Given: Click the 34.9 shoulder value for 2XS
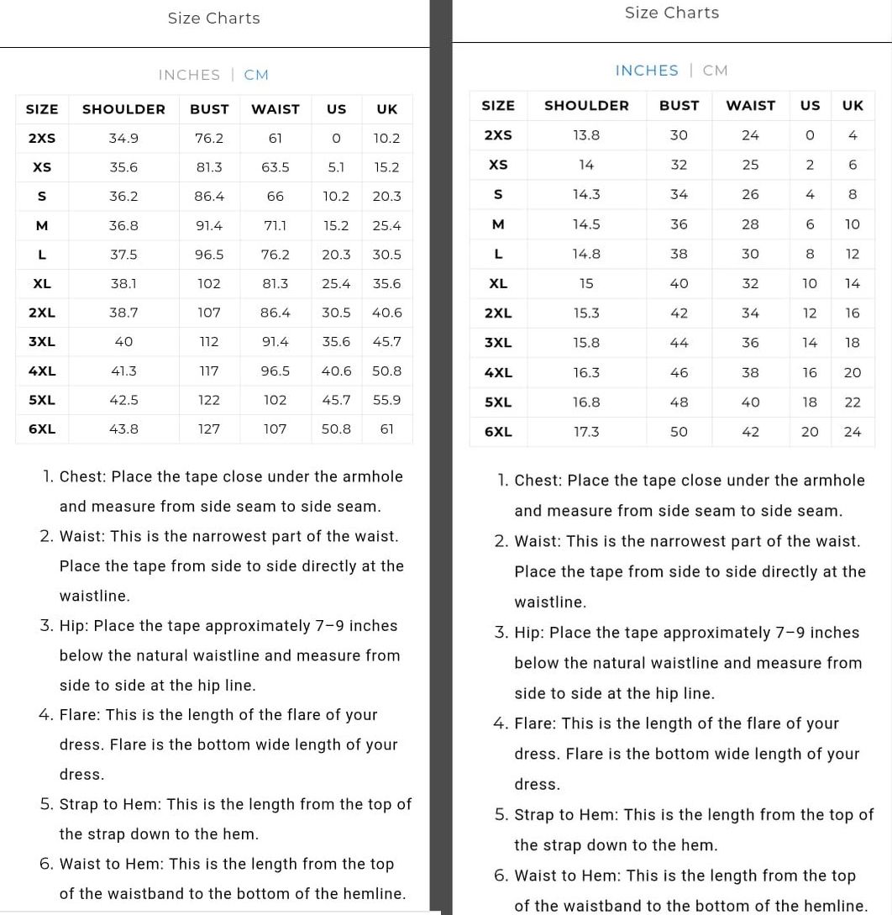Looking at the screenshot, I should coord(123,138).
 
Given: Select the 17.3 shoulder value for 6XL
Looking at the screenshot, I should coord(586,432).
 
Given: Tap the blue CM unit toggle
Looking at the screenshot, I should coord(256,75).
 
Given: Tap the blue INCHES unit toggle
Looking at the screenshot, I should coord(647,71).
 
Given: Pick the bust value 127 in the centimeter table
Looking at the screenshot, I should coord(209,429).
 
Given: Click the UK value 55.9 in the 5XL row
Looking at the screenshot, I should coord(387,400).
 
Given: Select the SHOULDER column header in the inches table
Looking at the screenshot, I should coord(586,105).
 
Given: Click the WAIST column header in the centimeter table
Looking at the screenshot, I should coord(275,109).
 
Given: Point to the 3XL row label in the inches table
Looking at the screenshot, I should coord(498,343).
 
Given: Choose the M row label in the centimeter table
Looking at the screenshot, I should coord(42,225).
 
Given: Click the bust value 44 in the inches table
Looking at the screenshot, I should coord(679,343).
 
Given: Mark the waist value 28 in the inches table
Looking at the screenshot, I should coord(750,224).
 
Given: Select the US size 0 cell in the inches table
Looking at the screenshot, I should coord(810,135).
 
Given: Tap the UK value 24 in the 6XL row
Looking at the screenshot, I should coord(853,432).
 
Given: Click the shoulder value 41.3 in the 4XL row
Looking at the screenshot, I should coord(123,371).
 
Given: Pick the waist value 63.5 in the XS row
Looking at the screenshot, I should coord(275,167).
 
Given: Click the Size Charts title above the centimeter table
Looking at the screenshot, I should coord(213,18).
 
